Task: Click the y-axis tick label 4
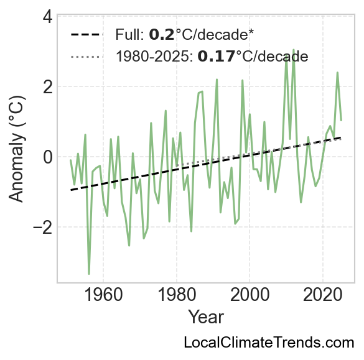[47, 17]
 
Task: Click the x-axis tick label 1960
[103, 295]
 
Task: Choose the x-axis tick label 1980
[177, 295]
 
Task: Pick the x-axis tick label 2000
[250, 295]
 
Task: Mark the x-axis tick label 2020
[323, 295]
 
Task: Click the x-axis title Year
[206, 317]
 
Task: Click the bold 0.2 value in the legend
[162, 35]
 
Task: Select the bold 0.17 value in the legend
[216, 57]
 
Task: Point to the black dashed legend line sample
[86, 35]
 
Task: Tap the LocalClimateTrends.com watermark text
[269, 343]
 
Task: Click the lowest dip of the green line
[89, 274]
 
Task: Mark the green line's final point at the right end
[341, 120]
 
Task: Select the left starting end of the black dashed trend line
[71, 190]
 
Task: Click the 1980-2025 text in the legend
[154, 57]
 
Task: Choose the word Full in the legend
[130, 35]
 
